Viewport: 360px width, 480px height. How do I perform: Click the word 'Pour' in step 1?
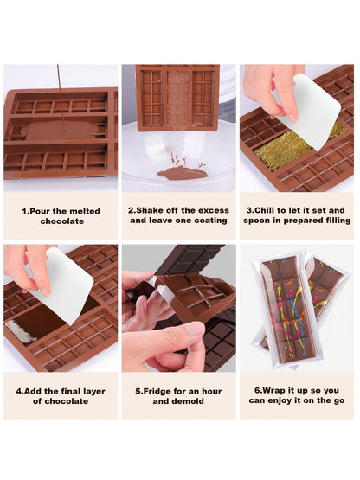point(41,211)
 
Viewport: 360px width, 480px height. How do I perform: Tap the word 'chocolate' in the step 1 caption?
point(62,221)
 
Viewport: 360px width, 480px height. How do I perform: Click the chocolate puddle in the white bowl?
point(183,174)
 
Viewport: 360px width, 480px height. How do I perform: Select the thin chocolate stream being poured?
point(60,98)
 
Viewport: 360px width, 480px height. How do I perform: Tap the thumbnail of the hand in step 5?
point(194,331)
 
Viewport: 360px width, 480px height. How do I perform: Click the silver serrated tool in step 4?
point(20,331)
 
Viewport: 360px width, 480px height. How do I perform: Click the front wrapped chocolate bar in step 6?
point(286,309)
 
